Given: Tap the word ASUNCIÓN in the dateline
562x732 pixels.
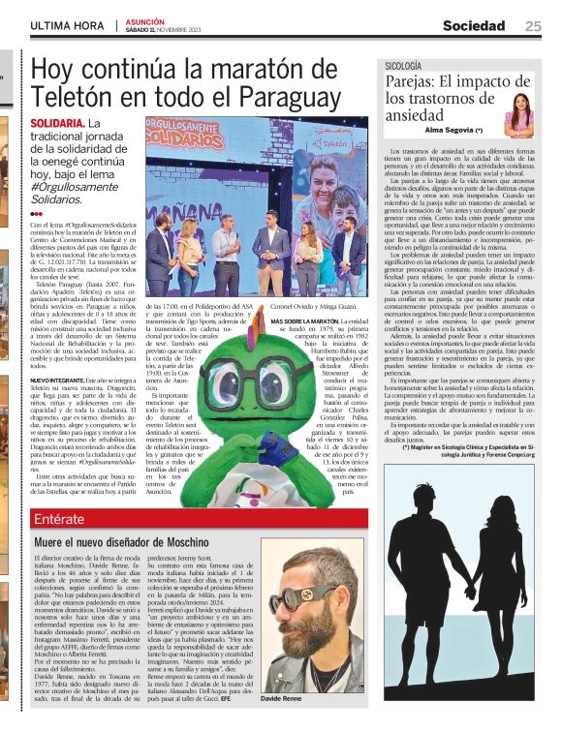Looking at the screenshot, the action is pos(146,20).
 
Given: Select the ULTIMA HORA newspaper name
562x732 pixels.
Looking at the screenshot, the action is pos(68,26).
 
